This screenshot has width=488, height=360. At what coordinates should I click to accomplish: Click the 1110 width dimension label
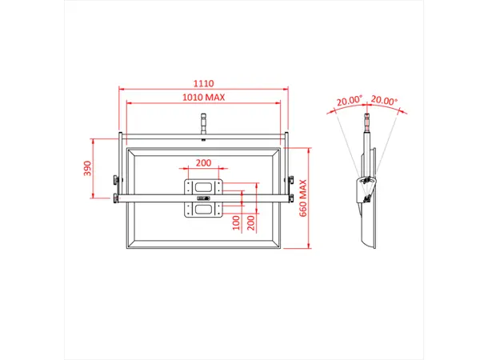coord(203,82)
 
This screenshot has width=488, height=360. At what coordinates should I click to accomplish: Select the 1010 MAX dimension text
coord(203,97)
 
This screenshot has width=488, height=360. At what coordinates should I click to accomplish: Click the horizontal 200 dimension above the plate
coord(203,162)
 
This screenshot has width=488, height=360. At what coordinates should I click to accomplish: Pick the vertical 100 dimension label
coord(236,221)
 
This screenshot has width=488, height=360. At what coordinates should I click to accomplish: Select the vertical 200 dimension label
coord(252,221)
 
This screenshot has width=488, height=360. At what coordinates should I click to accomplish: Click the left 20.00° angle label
coord(350,102)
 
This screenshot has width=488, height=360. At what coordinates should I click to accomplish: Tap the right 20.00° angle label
coord(385,102)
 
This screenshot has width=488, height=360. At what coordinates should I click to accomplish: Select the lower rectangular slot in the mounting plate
coord(203,210)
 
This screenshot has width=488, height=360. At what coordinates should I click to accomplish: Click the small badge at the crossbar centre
coord(203,198)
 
